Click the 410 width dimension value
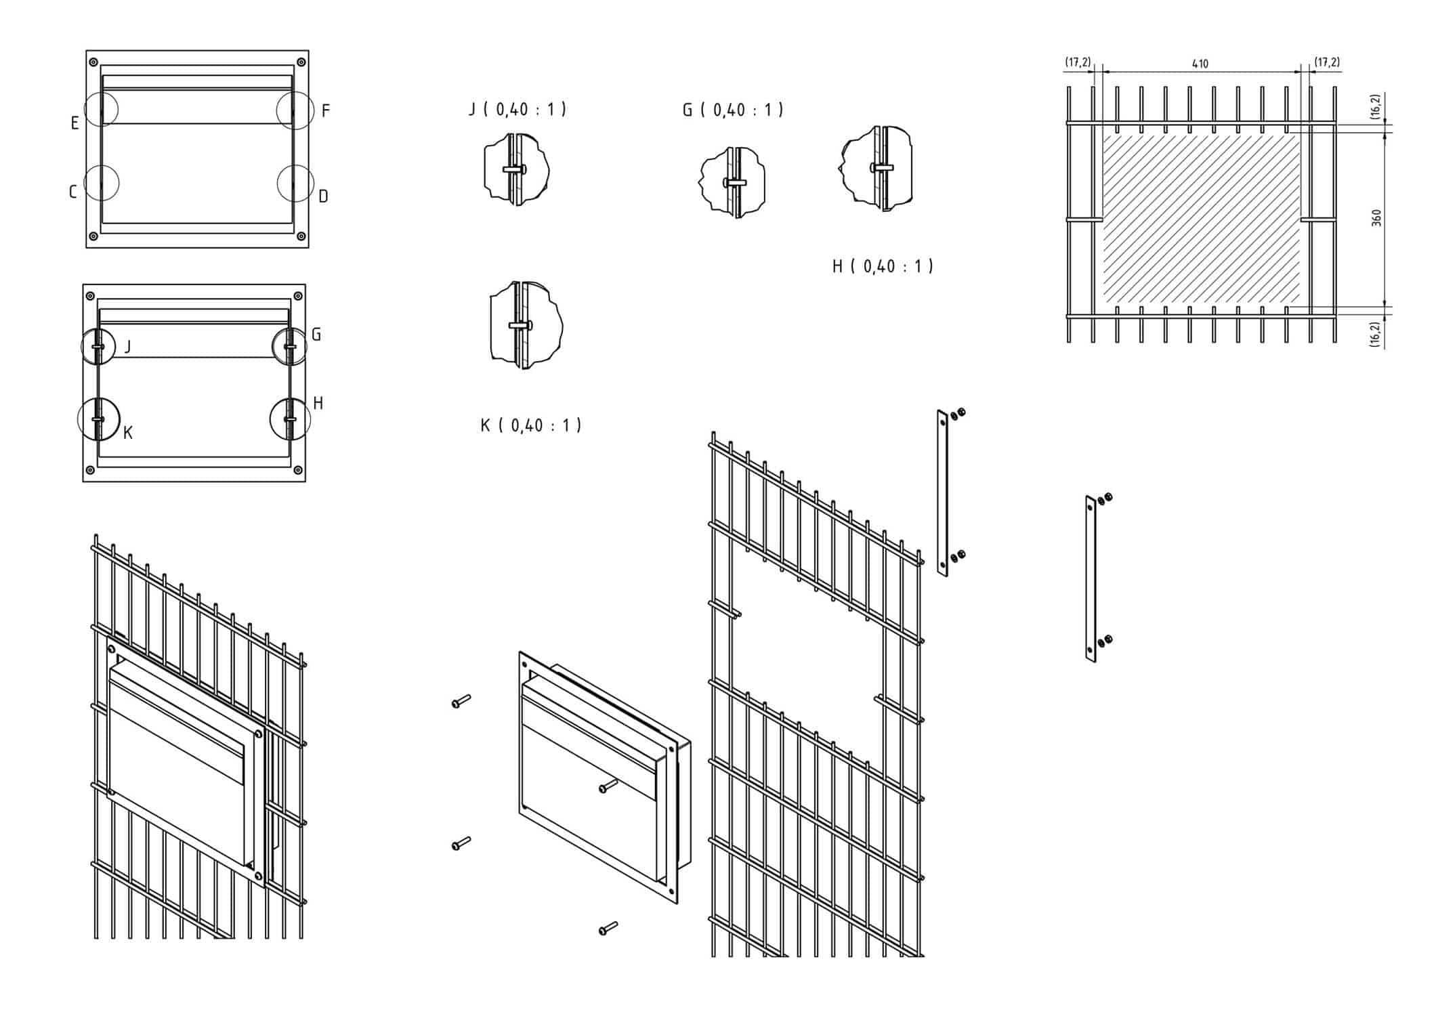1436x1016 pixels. pyautogui.click(x=1200, y=64)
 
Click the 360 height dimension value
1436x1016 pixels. pyautogui.click(x=1376, y=217)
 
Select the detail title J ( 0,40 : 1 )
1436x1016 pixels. pyautogui.click(x=518, y=109)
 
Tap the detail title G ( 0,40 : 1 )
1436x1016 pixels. pyautogui.click(x=733, y=110)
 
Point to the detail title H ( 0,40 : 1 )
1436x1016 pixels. pyautogui.click(x=883, y=266)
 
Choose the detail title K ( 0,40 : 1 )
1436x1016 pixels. pyautogui.click(x=531, y=425)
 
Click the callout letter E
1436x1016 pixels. pyautogui.click(x=75, y=123)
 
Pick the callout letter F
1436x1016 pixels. pyautogui.click(x=326, y=110)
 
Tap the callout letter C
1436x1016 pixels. pyautogui.click(x=73, y=192)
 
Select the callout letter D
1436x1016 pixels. pyautogui.click(x=323, y=196)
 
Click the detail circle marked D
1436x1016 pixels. pyautogui.click(x=296, y=183)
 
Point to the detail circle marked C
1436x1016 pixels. pyautogui.click(x=102, y=183)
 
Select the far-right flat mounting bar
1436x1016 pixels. pyautogui.click(x=1091, y=578)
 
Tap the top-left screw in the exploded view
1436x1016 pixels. pyautogui.click(x=461, y=702)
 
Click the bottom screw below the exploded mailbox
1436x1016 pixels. pyautogui.click(x=608, y=928)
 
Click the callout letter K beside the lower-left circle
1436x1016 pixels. pyautogui.click(x=128, y=433)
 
